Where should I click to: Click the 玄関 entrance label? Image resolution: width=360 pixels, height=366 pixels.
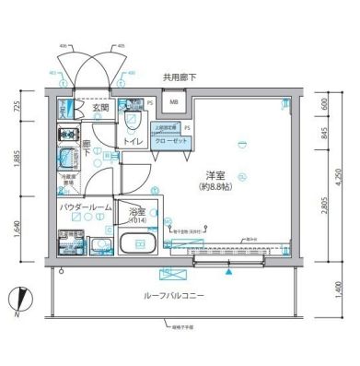point(101,108)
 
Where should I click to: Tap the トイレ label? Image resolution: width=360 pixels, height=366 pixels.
point(133,141)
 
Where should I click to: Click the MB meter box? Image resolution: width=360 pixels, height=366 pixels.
point(173,103)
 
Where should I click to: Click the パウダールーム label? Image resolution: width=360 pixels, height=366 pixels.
point(85,208)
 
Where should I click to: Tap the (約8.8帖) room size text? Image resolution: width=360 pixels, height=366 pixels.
point(218,187)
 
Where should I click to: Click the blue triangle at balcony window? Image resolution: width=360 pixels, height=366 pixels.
point(227,270)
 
